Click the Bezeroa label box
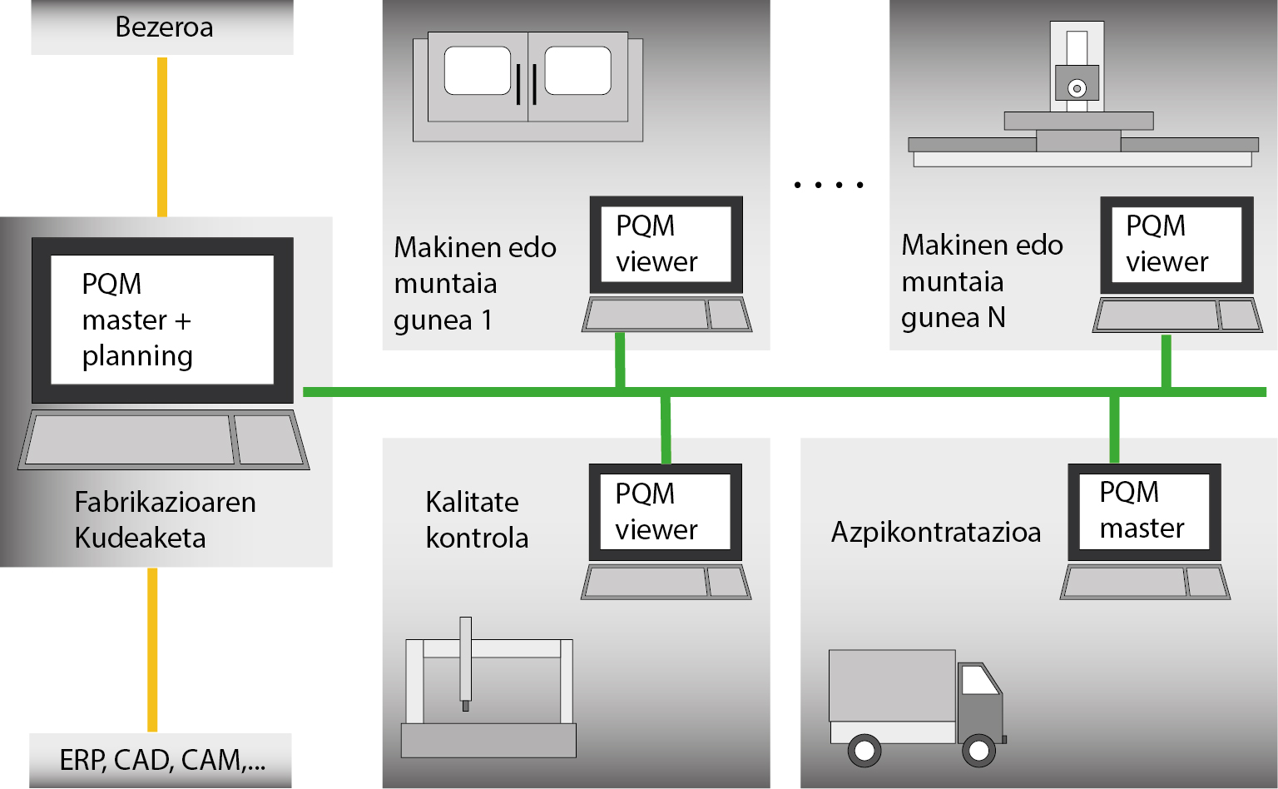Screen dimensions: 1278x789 (x=162, y=27)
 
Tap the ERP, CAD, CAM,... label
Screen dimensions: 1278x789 (x=162, y=760)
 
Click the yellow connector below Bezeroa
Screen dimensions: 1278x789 (x=162, y=137)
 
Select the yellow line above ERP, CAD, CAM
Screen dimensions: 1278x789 (x=152, y=650)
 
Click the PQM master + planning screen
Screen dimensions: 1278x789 (x=162, y=320)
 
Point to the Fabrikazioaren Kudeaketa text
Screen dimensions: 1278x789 (x=165, y=520)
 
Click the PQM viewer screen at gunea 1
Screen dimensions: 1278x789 (x=666, y=245)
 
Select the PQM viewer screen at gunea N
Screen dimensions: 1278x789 (x=1176, y=245)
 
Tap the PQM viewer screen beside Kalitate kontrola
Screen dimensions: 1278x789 (x=666, y=512)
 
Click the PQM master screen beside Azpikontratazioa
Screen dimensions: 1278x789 (x=1145, y=512)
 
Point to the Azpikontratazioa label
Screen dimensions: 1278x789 (x=936, y=532)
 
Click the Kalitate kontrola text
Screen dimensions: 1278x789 (x=477, y=520)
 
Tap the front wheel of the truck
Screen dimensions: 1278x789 (x=978, y=750)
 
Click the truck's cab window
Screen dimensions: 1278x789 (x=980, y=680)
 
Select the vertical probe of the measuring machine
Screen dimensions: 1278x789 (x=466, y=663)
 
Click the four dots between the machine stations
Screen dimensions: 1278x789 (x=829, y=185)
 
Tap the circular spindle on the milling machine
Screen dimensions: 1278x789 (x=1077, y=88)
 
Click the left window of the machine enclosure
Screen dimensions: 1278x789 (x=478, y=70)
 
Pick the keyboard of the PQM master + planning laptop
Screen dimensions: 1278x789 (x=164, y=439)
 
